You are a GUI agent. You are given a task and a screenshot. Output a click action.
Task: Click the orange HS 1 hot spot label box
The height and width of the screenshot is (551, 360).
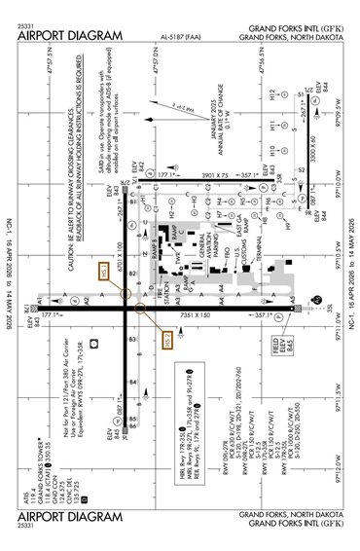[x=128, y=275]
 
